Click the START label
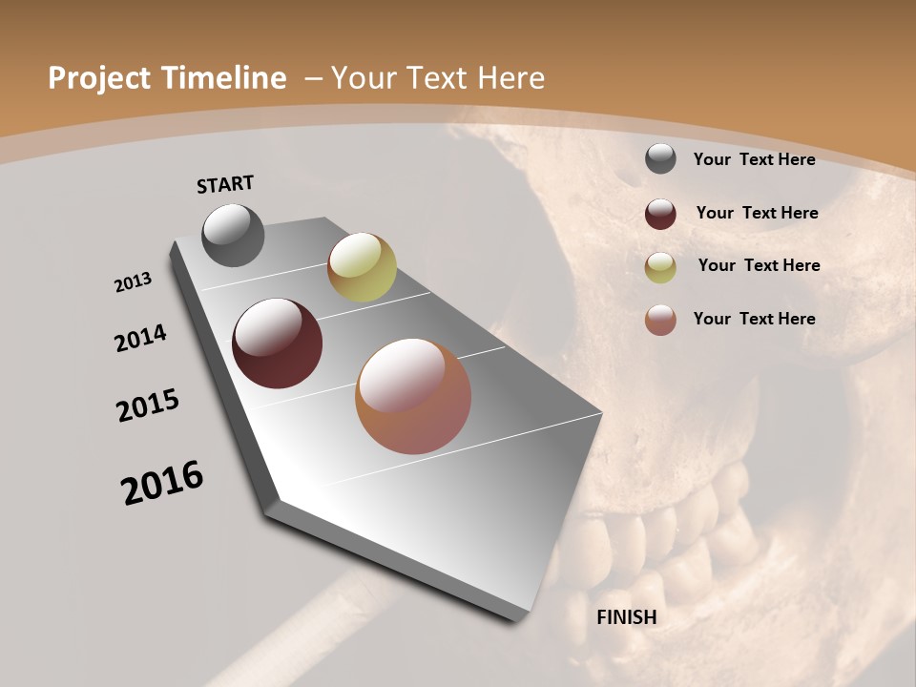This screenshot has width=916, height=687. click(x=225, y=183)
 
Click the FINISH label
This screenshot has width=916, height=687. click(x=626, y=617)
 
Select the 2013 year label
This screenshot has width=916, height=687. click(x=133, y=282)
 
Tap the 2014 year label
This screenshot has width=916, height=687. click(x=140, y=339)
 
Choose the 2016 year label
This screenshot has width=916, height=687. click(x=162, y=483)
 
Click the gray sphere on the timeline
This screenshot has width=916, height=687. click(x=233, y=235)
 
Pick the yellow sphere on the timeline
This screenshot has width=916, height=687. click(x=362, y=267)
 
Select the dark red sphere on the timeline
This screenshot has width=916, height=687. click(x=277, y=343)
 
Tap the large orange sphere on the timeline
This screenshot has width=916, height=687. click(x=413, y=396)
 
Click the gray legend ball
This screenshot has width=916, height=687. click(x=660, y=159)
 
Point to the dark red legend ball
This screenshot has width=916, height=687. click(x=660, y=214)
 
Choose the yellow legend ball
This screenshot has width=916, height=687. click(x=660, y=267)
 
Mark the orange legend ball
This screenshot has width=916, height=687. click(x=660, y=320)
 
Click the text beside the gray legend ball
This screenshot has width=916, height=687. click(x=754, y=159)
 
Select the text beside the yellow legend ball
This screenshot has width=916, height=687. click(x=759, y=265)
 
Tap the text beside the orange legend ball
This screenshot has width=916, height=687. click(x=754, y=319)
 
